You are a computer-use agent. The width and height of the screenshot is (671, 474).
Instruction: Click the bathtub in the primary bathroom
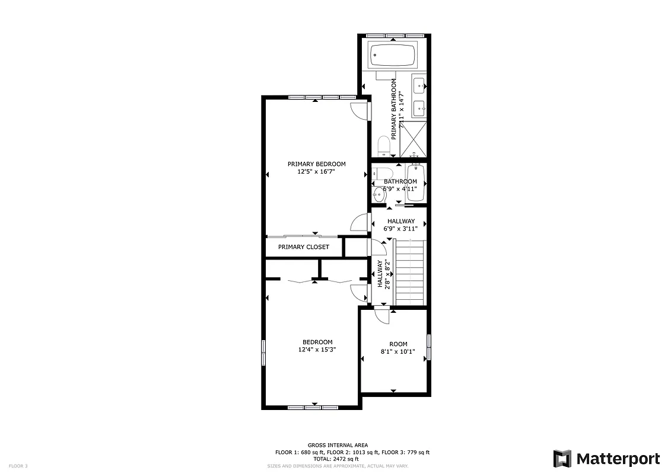tap(393, 56)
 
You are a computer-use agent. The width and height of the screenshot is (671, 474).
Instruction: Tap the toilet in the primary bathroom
tap(383, 145)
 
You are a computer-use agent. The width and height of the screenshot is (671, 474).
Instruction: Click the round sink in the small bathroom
tap(380, 194)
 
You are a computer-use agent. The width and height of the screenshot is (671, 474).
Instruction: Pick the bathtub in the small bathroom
tap(415, 184)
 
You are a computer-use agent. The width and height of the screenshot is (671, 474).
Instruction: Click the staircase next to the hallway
tap(410, 272)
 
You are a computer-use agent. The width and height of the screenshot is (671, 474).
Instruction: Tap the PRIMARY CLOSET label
tap(303, 247)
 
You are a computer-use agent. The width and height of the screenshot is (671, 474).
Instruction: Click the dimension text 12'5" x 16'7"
tap(316, 172)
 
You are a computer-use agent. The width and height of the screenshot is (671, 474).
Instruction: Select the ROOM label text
tap(398, 344)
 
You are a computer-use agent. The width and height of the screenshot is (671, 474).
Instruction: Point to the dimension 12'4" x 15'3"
tap(317, 350)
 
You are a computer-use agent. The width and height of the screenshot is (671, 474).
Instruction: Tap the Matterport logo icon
tap(562, 459)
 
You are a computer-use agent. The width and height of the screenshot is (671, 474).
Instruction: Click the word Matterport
tap(618, 459)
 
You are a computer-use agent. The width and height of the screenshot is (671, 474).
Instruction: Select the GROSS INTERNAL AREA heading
tap(338, 445)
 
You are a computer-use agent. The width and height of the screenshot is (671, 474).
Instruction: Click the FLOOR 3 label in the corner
tap(18, 466)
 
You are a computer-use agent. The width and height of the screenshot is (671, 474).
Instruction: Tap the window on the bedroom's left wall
tap(263, 354)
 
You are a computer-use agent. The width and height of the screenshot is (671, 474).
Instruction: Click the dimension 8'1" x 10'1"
tap(398, 351)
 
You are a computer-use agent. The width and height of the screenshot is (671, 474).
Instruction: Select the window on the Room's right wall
tap(428, 347)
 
